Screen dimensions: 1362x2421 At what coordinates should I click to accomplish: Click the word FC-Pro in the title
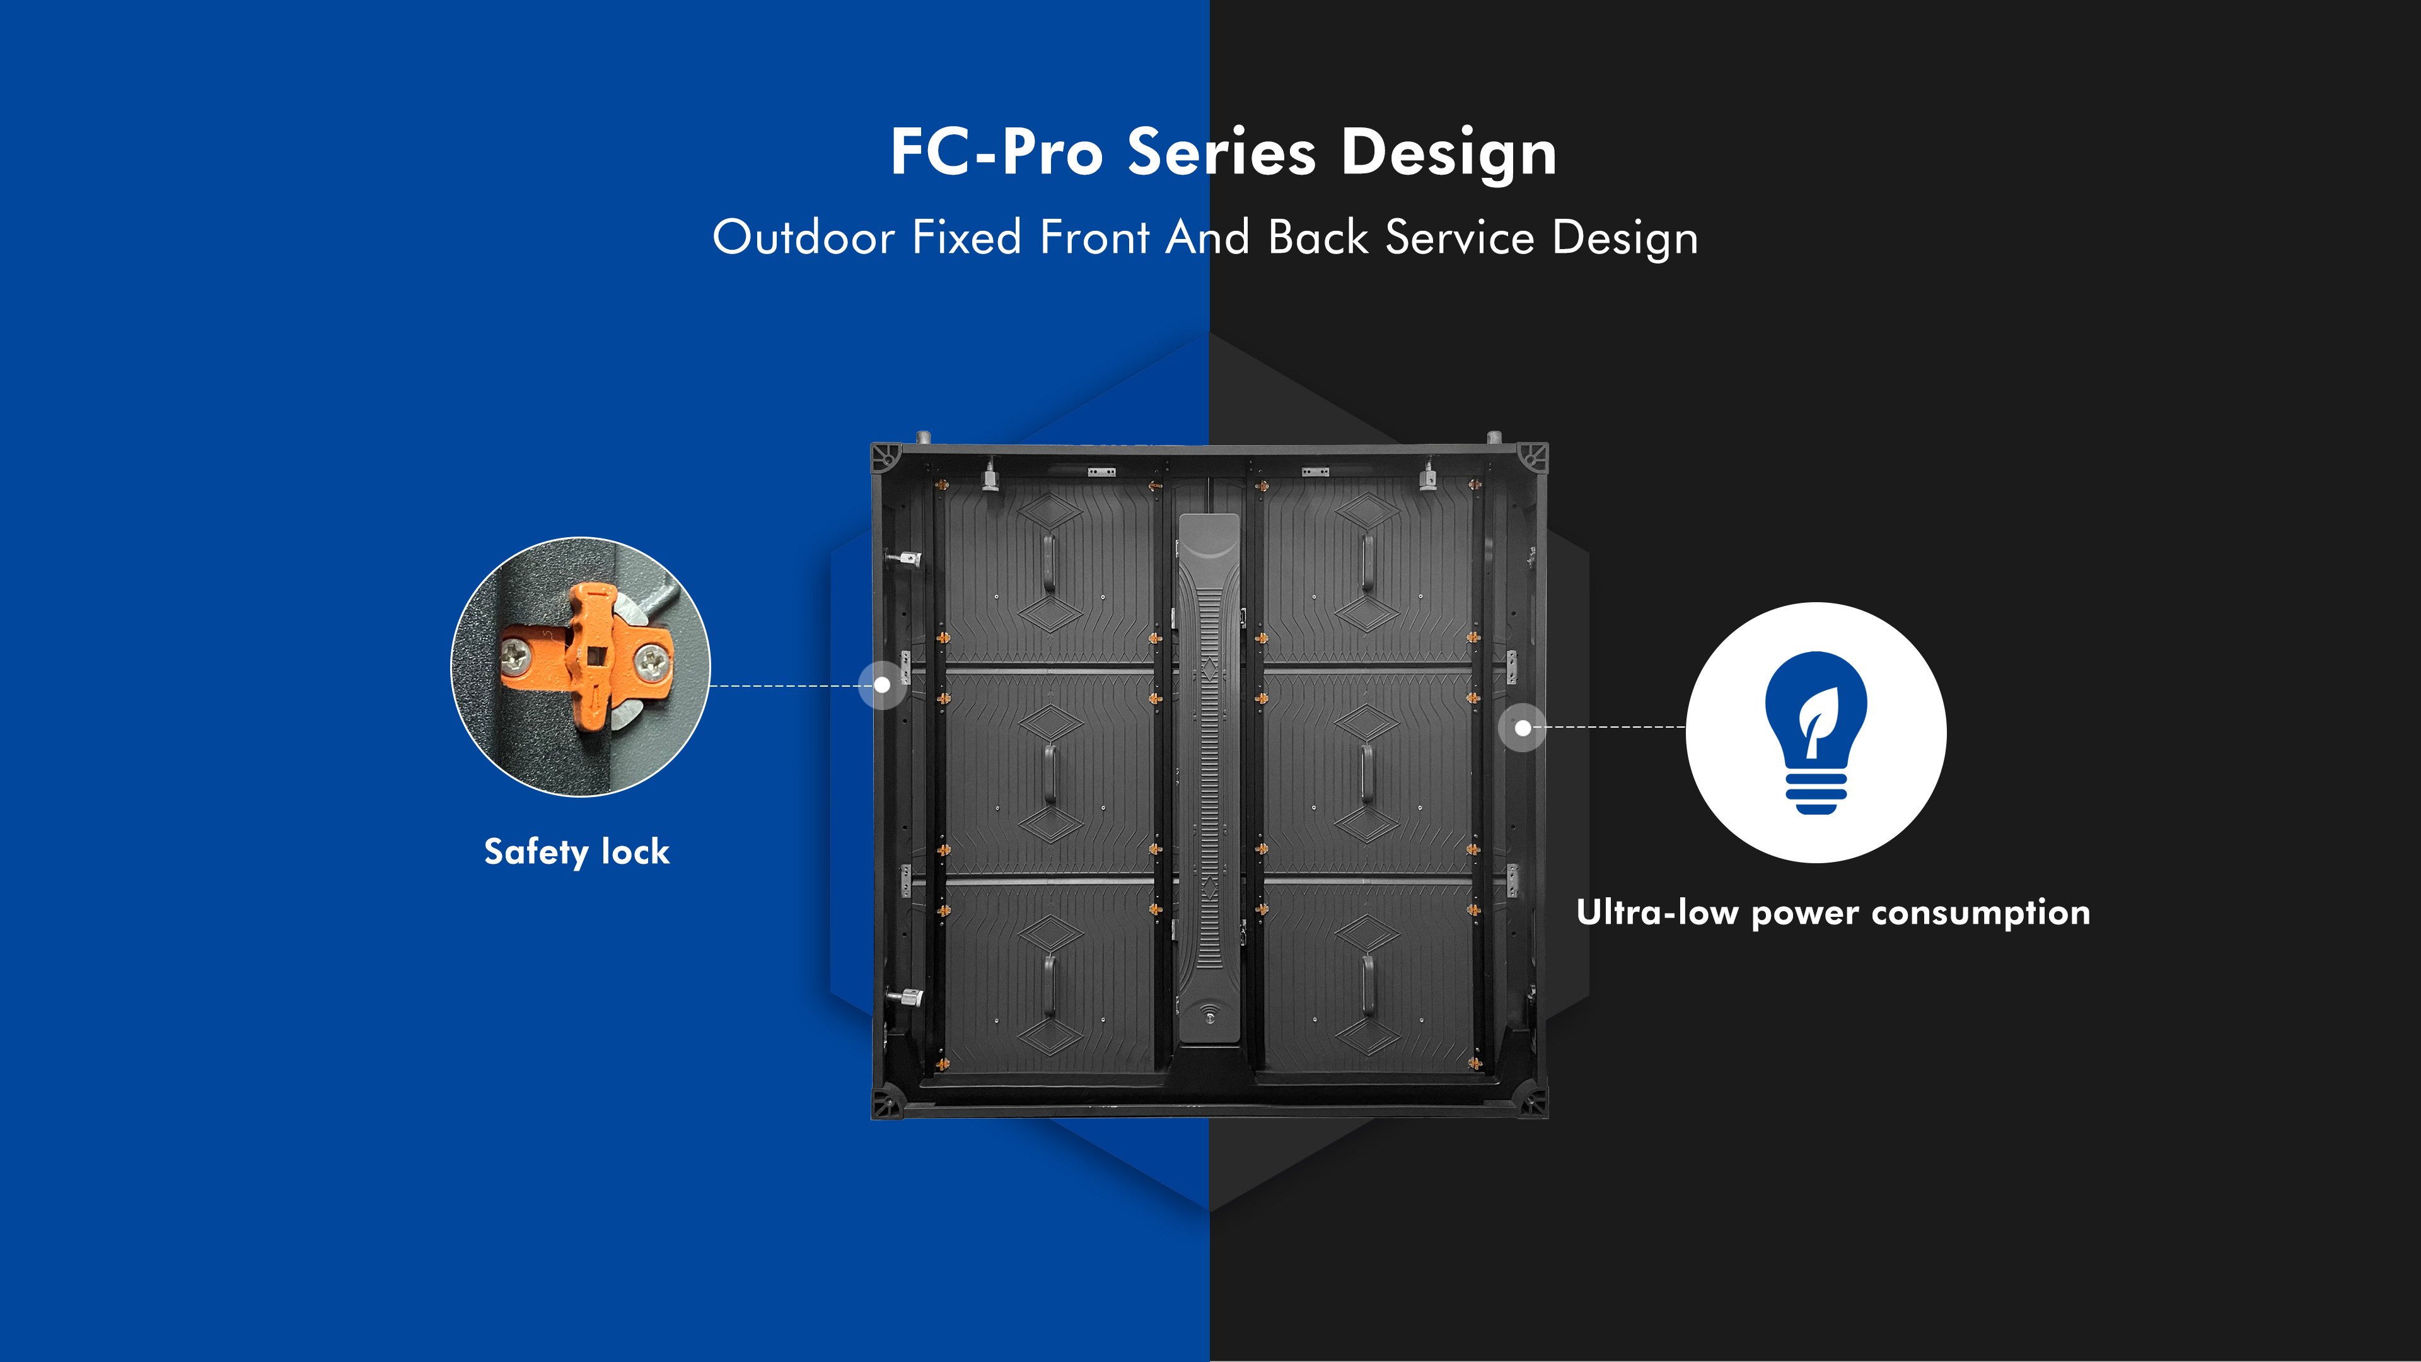pyautogui.click(x=996, y=152)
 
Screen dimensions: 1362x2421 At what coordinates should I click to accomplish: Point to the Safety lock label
pyautogui.click(x=576, y=852)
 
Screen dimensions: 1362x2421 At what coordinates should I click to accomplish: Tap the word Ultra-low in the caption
pyautogui.click(x=1657, y=912)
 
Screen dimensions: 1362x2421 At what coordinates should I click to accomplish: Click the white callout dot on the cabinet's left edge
pyautogui.click(x=881, y=685)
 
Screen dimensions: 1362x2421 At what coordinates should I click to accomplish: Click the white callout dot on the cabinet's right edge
pyautogui.click(x=1523, y=728)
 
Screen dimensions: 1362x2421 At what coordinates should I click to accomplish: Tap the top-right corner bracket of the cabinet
pyautogui.click(x=1533, y=458)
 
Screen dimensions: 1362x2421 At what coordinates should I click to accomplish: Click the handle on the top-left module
pyautogui.click(x=1049, y=564)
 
